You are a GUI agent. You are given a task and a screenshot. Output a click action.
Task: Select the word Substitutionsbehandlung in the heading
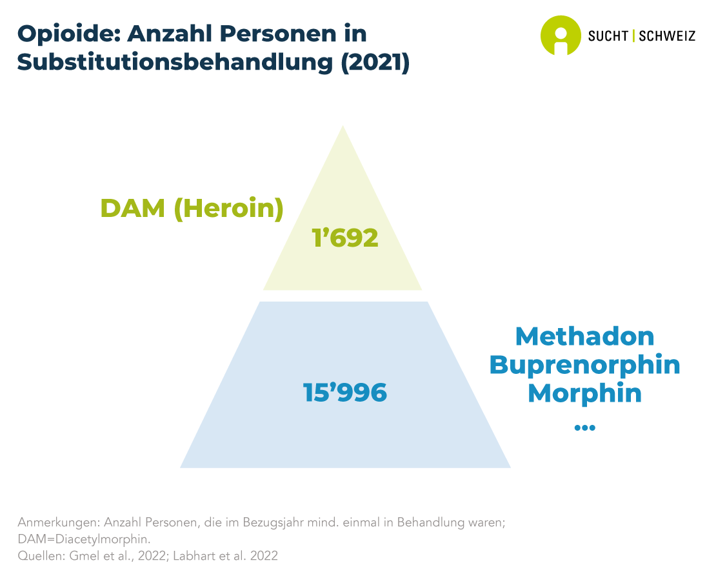click(x=175, y=62)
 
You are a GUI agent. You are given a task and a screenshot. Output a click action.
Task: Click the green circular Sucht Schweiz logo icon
click(x=561, y=36)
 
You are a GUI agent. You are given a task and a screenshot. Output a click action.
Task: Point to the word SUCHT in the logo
click(x=608, y=36)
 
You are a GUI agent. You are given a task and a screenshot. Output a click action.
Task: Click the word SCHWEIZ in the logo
click(x=667, y=36)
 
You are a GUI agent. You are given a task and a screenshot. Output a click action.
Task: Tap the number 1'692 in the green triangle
click(x=345, y=238)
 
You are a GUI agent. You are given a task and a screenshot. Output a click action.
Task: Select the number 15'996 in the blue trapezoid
click(x=345, y=392)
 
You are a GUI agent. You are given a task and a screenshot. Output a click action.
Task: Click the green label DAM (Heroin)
click(x=192, y=209)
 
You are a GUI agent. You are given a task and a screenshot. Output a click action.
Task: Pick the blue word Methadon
click(x=585, y=336)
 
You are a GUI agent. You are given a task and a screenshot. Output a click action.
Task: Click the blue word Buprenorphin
click(x=585, y=365)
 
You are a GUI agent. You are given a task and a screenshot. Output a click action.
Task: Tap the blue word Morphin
click(x=585, y=394)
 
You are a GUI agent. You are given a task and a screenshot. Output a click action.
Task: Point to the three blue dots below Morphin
click(x=585, y=427)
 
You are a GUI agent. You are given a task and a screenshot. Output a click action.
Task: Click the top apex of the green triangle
click(x=343, y=125)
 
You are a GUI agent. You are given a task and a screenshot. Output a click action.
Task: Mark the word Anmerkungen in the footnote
click(x=58, y=523)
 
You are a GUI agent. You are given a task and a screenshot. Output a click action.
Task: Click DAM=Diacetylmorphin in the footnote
click(x=84, y=539)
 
